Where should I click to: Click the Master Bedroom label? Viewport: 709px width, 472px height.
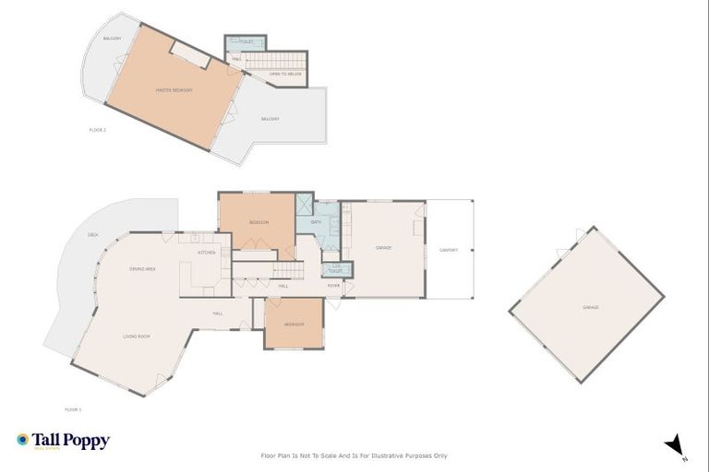click(174, 89)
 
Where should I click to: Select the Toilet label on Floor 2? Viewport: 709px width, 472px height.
click(245, 41)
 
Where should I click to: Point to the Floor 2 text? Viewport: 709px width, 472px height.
click(98, 130)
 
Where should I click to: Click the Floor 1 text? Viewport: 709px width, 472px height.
click(73, 408)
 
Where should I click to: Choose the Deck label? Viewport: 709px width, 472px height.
click(93, 235)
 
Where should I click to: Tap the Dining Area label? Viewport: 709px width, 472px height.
click(142, 268)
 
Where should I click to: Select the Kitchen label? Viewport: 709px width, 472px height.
click(207, 252)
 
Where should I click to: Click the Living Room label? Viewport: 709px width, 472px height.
click(136, 336)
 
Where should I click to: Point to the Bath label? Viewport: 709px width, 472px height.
click(316, 222)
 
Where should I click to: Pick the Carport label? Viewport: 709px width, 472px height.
click(449, 249)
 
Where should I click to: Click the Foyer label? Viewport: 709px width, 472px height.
click(333, 286)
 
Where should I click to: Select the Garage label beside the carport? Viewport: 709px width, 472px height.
click(384, 248)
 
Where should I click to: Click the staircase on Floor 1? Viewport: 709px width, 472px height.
click(286, 269)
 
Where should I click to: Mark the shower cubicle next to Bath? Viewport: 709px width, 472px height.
click(304, 205)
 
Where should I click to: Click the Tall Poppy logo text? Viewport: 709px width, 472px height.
click(71, 441)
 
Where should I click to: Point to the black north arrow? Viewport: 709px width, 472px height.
click(675, 443)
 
